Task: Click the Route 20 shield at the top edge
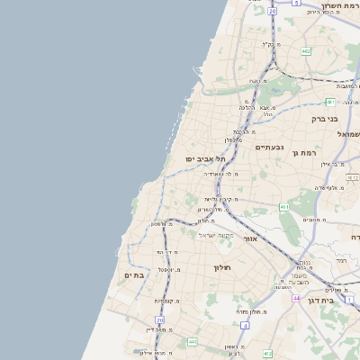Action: click(272, 11)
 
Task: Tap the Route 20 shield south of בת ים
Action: click(159, 319)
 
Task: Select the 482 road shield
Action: click(306, 51)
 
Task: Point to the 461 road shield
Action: click(283, 207)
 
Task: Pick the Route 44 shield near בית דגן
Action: click(296, 298)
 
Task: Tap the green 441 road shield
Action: click(192, 342)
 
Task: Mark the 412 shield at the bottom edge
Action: click(267, 354)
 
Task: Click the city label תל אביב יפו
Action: click(204, 158)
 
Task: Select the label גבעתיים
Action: click(269, 147)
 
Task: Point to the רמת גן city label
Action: click(307, 153)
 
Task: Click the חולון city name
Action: click(222, 267)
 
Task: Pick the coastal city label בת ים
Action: click(134, 275)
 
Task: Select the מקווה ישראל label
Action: click(216, 235)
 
